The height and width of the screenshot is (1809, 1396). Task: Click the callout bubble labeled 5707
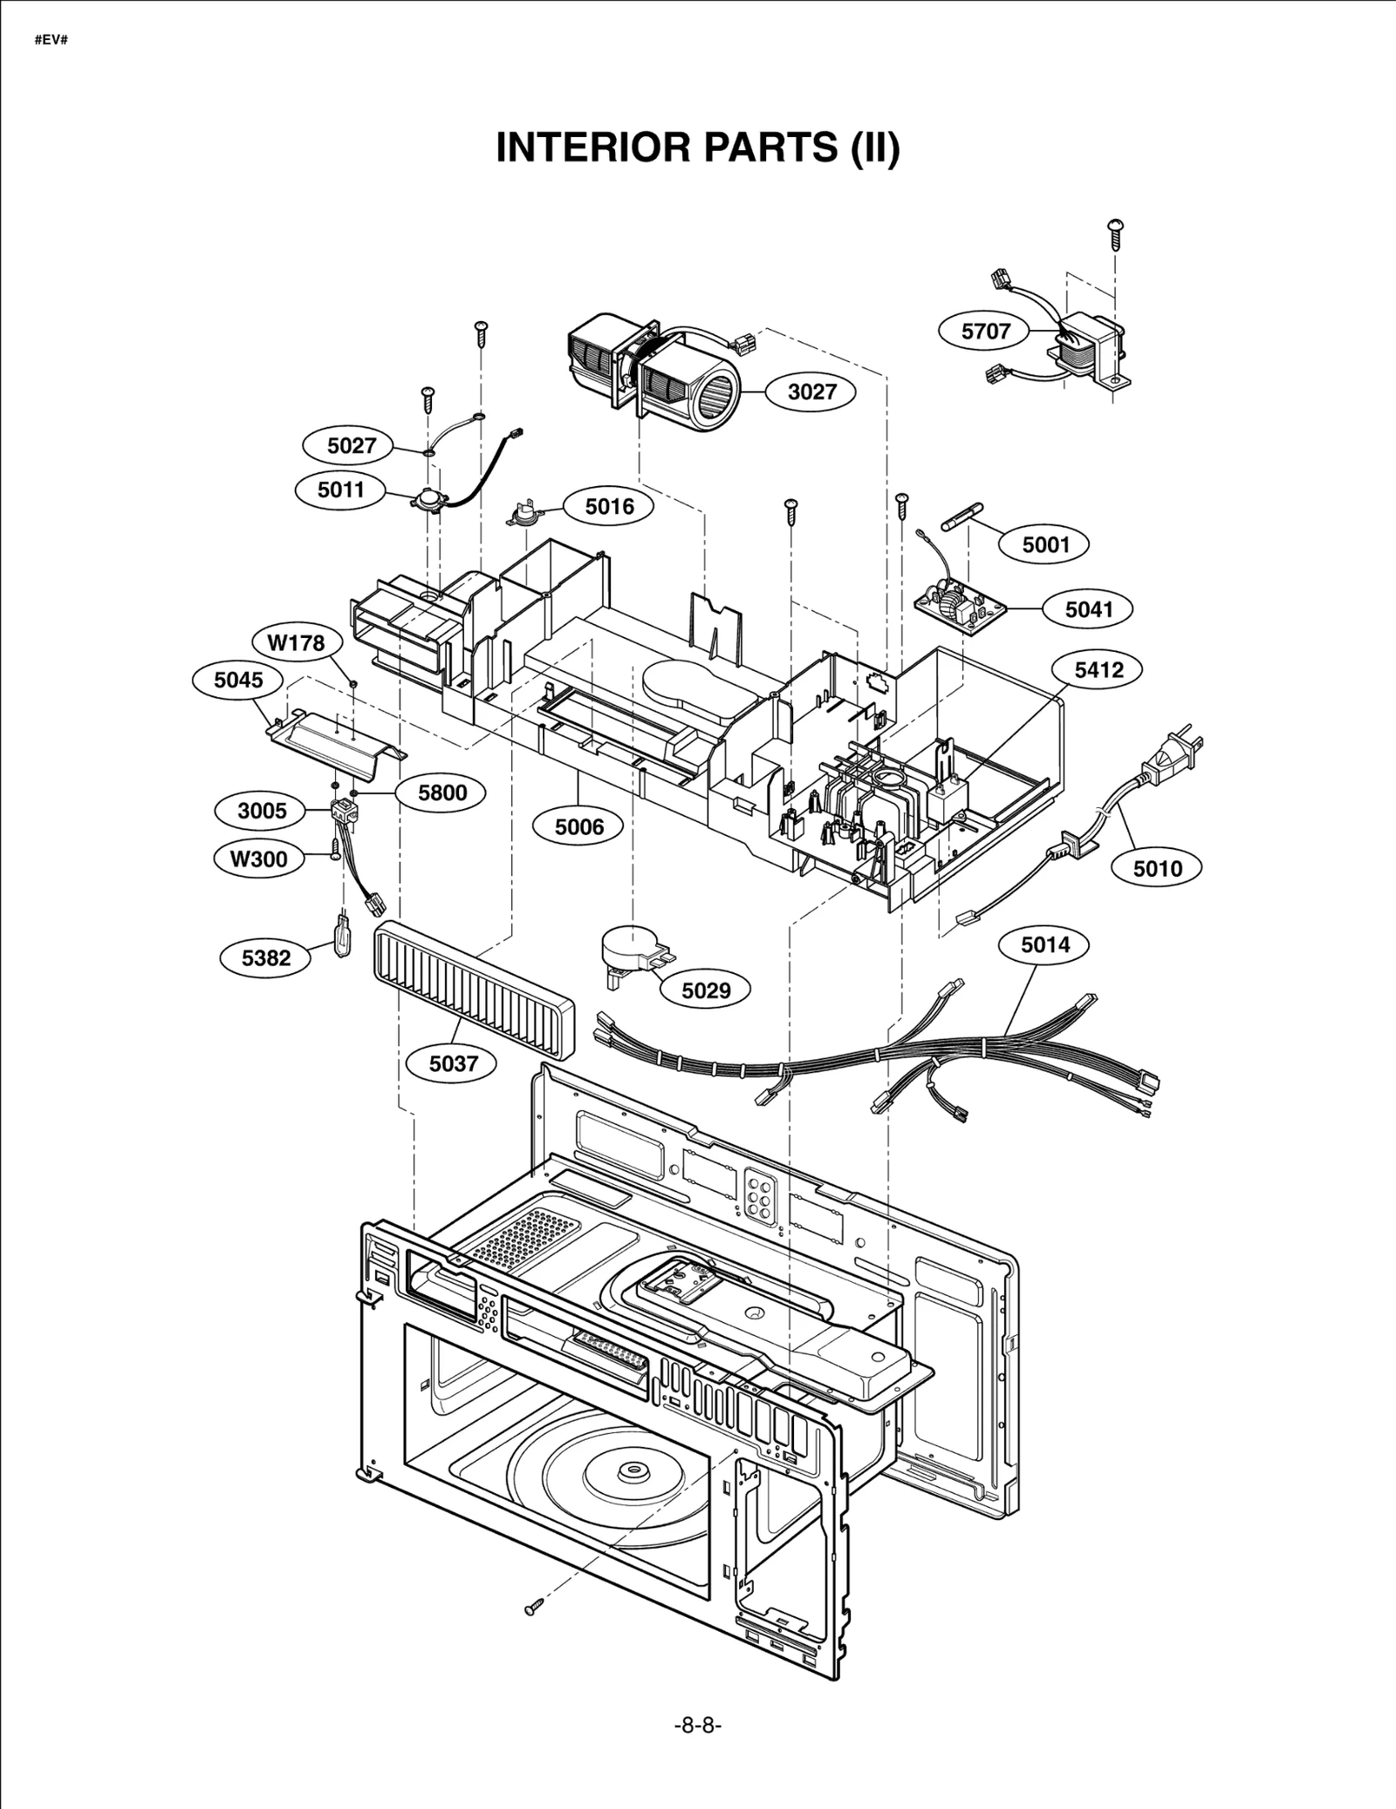tap(985, 332)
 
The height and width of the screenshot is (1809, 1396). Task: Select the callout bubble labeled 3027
tap(811, 392)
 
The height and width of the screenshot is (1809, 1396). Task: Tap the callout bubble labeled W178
tap(296, 643)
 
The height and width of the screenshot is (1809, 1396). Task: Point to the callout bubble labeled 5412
tap(1098, 670)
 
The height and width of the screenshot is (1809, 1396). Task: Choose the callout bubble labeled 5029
tap(705, 990)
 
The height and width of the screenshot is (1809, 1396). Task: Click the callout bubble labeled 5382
tap(266, 958)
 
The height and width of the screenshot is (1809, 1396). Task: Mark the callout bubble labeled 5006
tap(579, 826)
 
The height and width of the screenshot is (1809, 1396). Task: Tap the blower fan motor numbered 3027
tap(654, 367)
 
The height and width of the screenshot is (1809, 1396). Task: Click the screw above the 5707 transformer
tap(1115, 232)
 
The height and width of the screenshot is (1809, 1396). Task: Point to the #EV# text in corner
tap(51, 41)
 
